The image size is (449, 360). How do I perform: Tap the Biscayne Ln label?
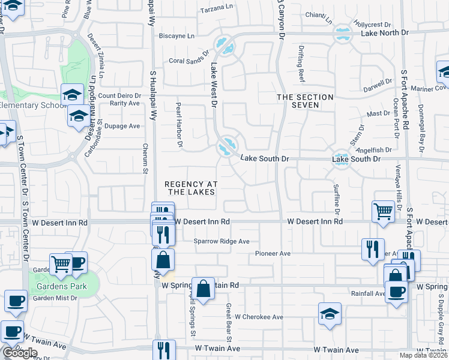176,36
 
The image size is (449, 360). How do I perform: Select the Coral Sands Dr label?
187,61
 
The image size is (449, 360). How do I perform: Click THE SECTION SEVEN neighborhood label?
305,101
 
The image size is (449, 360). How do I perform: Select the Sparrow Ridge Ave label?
221,241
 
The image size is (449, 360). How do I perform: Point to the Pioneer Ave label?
273,253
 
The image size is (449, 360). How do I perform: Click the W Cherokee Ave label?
259,317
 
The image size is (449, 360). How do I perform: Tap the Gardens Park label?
61,286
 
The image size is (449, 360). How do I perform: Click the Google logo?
20,353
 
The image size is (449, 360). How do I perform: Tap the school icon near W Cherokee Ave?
330,314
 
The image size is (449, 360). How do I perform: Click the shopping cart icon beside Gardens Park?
61,264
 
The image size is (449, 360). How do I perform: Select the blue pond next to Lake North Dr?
343,34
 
